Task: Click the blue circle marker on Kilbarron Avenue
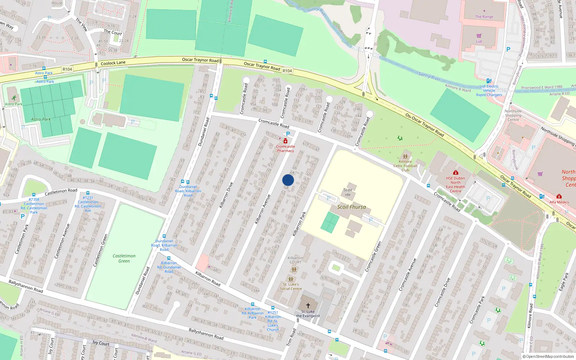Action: point(288,180)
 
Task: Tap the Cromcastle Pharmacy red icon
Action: point(285,141)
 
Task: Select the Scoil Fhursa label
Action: point(351,207)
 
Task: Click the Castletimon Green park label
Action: point(124,258)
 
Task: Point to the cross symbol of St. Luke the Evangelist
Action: point(308,306)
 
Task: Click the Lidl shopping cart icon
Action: point(479,36)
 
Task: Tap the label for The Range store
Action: point(484,17)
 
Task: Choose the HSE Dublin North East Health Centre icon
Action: point(456,172)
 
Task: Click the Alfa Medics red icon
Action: point(559,197)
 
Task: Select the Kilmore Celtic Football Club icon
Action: point(405,157)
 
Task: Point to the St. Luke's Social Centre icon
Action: point(291,279)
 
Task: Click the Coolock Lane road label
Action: point(113,63)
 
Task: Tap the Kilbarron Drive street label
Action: point(226,195)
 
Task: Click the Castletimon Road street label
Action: point(61,192)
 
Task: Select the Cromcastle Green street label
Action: point(373,257)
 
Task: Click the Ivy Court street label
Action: point(101,343)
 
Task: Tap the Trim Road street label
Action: point(291,337)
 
